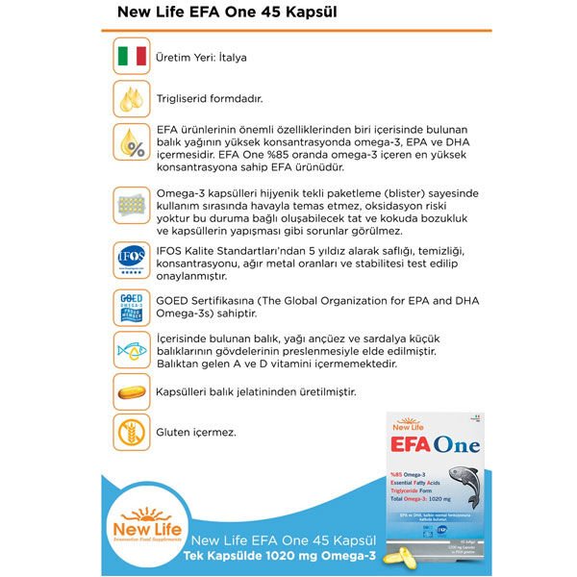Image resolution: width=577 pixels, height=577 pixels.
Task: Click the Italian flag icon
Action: tap(131, 57)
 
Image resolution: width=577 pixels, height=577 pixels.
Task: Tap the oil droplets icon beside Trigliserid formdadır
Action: tap(131, 98)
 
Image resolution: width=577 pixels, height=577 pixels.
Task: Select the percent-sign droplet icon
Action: tap(131, 142)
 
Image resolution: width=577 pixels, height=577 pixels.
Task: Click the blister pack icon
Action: tap(131, 206)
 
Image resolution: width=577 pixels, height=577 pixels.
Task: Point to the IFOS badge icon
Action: tap(131, 261)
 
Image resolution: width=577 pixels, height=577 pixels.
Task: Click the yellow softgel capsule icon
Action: tap(131, 392)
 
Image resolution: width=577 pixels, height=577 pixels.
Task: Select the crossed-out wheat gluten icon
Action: tap(131, 433)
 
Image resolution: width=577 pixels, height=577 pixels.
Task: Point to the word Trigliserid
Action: tap(182, 98)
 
